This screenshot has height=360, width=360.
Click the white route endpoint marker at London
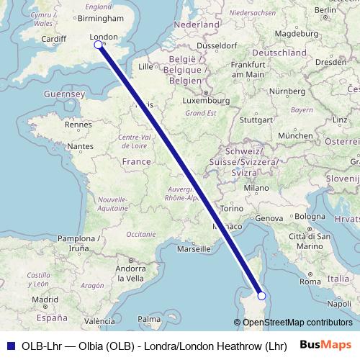(x=99, y=45)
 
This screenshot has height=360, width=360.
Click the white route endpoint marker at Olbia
(x=261, y=295)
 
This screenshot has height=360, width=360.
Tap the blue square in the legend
(x=9, y=344)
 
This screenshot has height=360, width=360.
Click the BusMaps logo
(x=325, y=344)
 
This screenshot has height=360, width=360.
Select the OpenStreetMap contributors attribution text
(x=297, y=323)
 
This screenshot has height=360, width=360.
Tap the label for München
(x=295, y=135)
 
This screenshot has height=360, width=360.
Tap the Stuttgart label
(x=256, y=120)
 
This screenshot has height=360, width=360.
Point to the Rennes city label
(x=77, y=124)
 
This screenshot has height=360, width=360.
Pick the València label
(x=100, y=321)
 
